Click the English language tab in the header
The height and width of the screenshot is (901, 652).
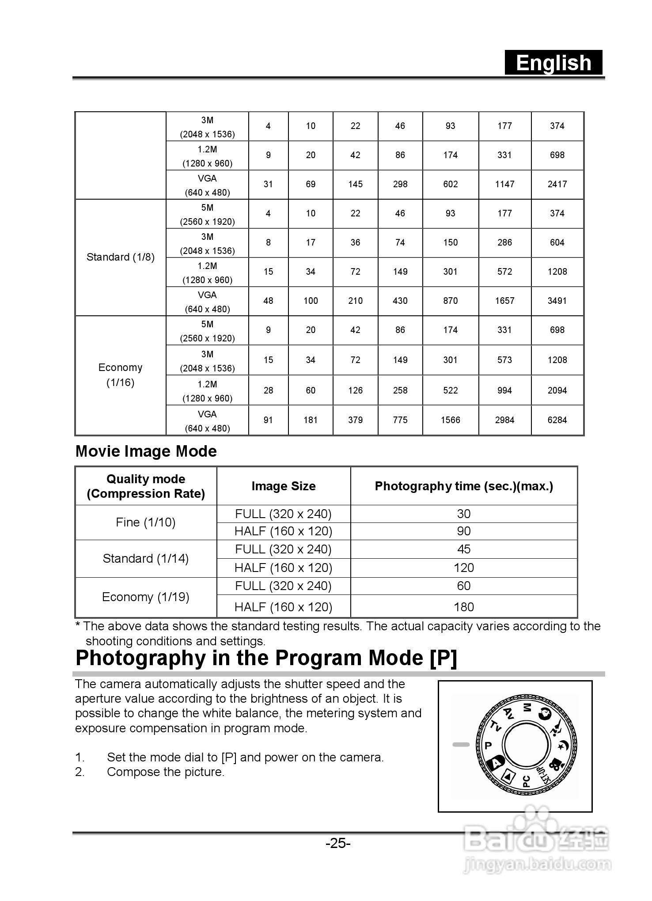coord(553,63)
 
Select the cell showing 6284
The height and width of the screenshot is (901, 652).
coord(557,420)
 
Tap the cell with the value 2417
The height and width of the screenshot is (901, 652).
coord(557,184)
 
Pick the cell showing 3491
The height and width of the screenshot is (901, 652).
coord(557,301)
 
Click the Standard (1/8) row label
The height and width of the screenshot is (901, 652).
coord(120,257)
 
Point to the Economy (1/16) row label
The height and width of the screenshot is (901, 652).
coord(120,375)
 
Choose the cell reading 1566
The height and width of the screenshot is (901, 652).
coord(450,420)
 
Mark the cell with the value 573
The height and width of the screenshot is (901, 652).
coord(504,360)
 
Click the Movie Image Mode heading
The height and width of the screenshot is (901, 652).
coord(146,451)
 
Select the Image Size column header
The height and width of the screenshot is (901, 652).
coord(284,486)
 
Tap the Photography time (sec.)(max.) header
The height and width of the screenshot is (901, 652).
coord(464,486)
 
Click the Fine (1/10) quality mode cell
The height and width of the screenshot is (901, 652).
coord(146,522)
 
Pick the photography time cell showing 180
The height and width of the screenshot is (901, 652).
coord(464,607)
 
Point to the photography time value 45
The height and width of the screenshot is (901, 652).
coord(464,549)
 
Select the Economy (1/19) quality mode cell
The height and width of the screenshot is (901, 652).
coord(146,597)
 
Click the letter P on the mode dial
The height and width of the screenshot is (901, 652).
coord(488,746)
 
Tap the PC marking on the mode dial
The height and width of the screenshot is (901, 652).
coord(526,781)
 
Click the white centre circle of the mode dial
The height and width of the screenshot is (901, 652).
coord(527,745)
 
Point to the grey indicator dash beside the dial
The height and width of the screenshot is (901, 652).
coord(461,745)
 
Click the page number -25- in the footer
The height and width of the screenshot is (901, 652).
coord(338,844)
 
